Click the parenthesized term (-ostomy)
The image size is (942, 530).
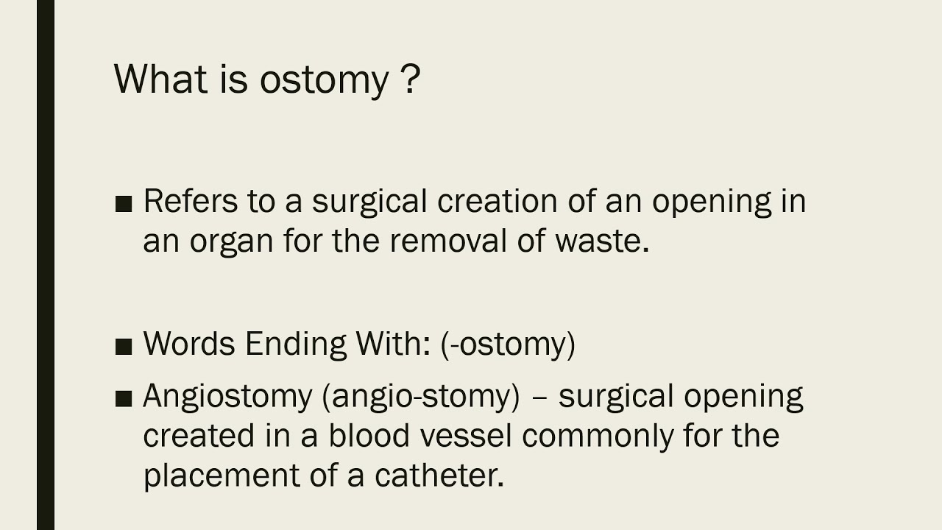(508, 344)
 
